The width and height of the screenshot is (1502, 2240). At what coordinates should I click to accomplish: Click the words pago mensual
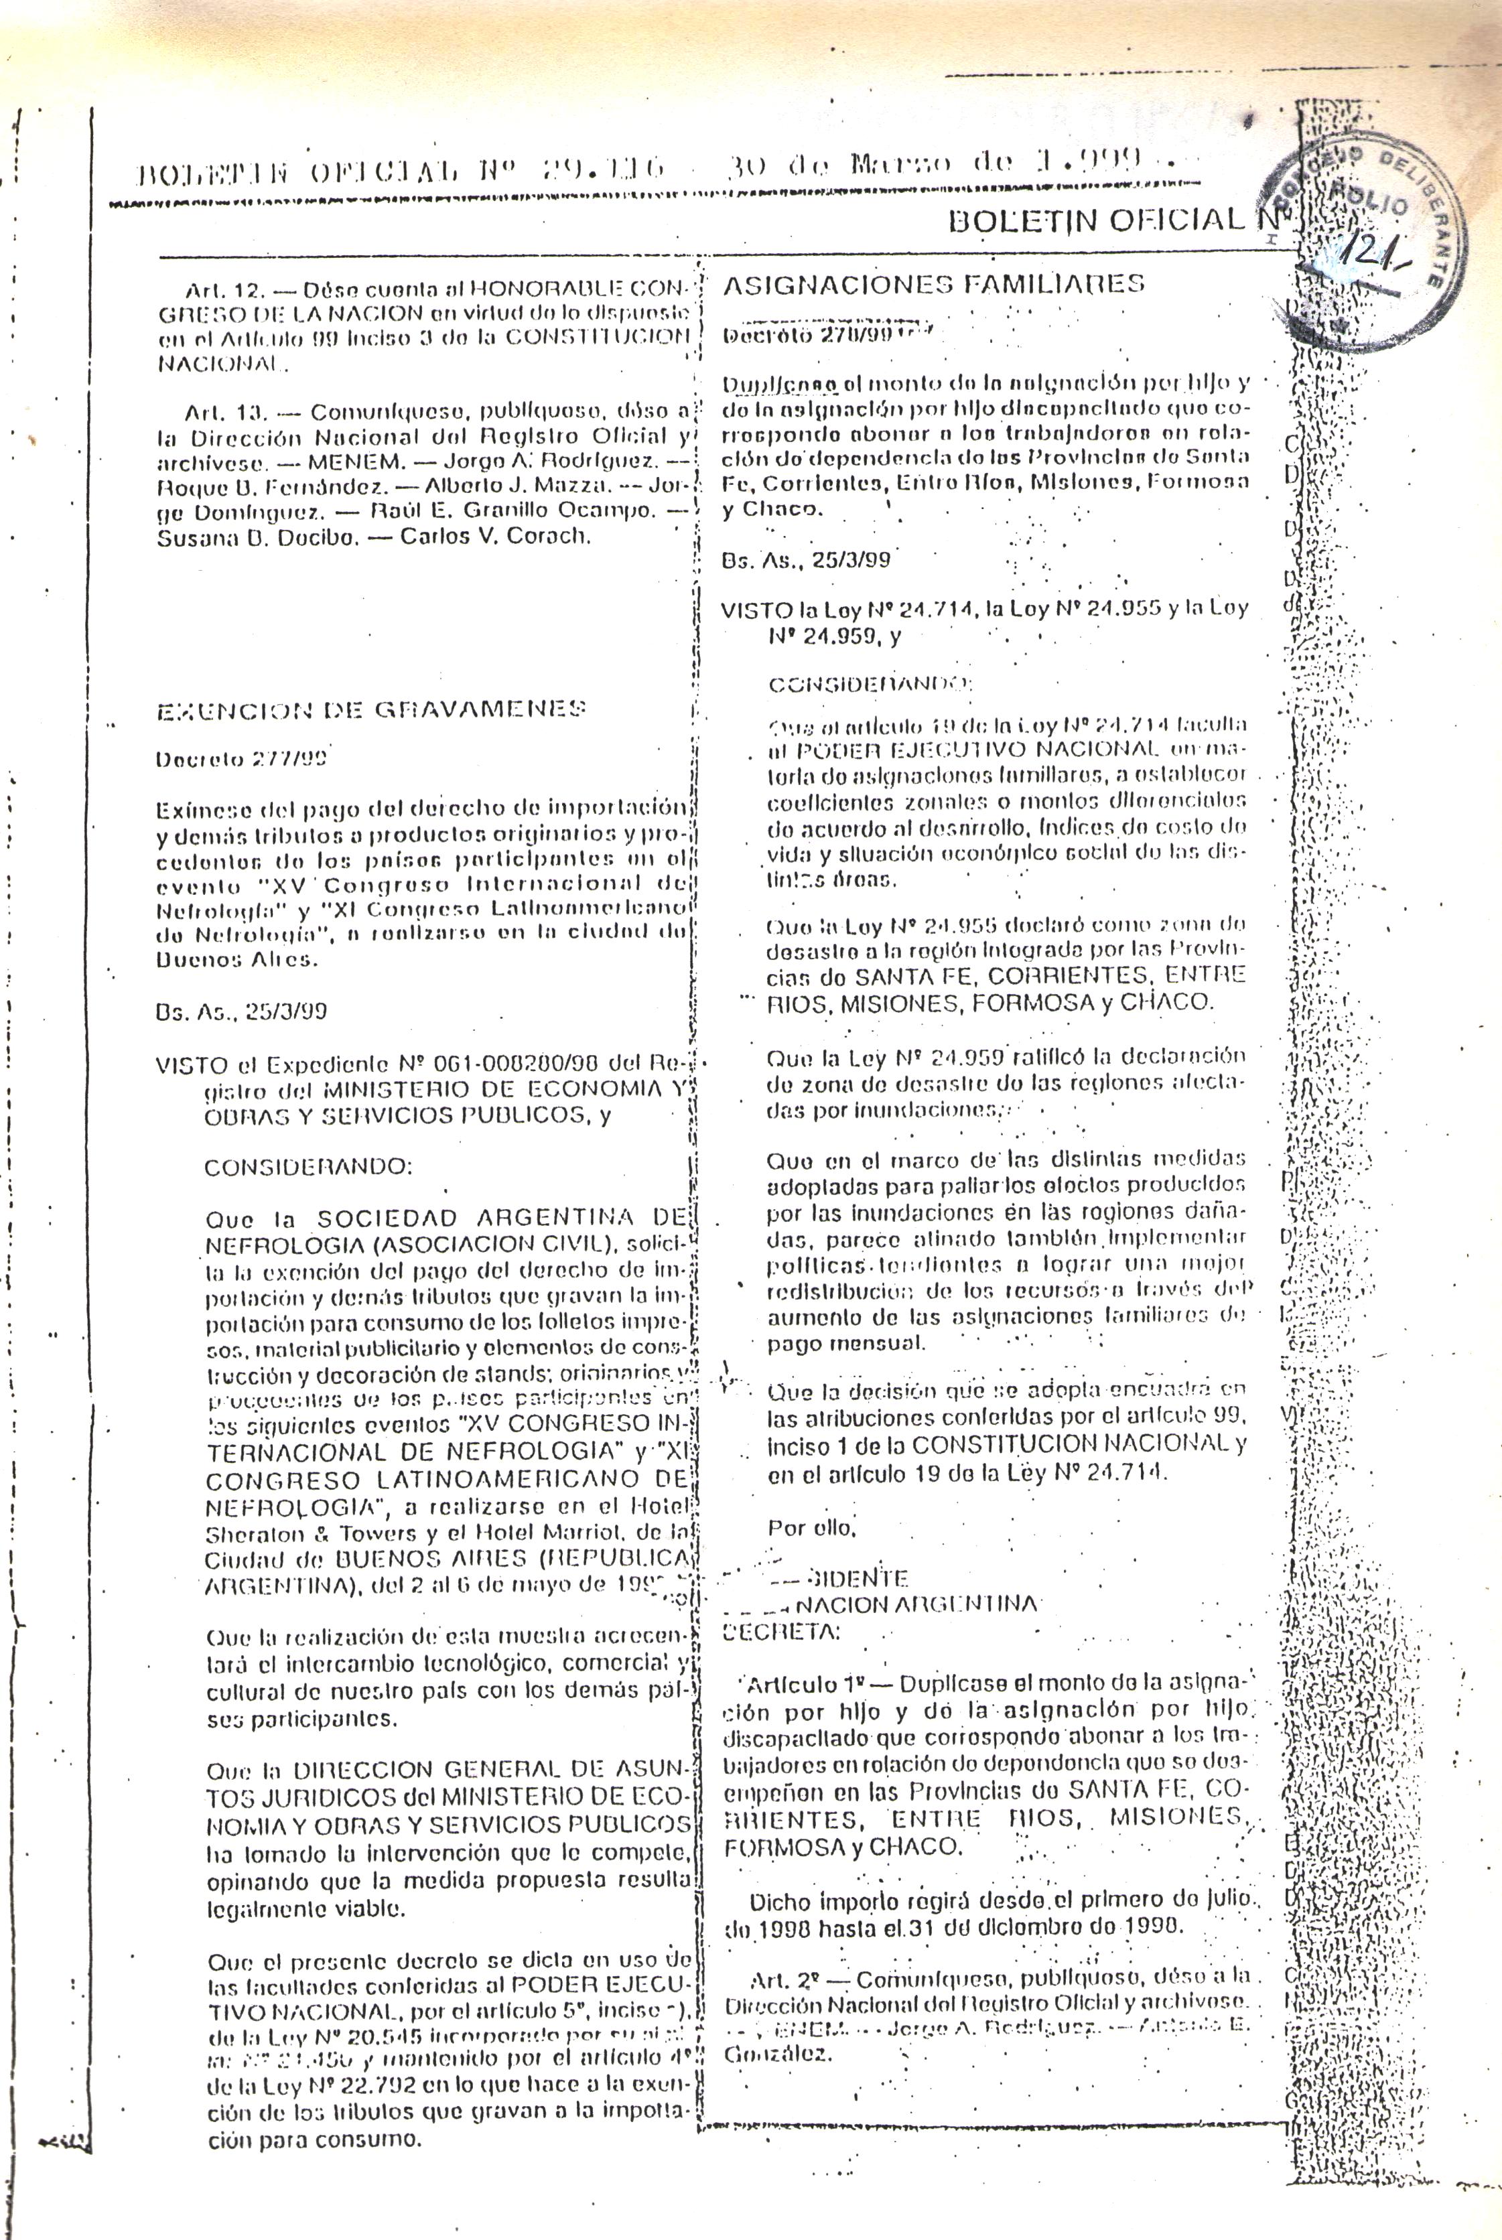[x=846, y=1342]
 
